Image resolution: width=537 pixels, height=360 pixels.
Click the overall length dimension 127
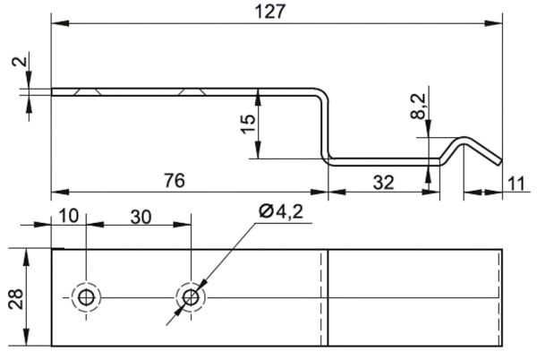point(269,12)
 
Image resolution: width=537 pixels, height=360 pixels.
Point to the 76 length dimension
point(175,181)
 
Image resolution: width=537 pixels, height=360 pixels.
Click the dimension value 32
point(382,182)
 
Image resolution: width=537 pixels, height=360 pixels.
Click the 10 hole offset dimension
point(68,216)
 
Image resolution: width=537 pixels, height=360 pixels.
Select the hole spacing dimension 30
point(139,216)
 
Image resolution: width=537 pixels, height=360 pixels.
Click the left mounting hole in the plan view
point(86,296)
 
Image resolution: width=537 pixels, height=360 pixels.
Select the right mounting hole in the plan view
point(190,296)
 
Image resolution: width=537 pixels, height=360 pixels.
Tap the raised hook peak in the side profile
point(465,138)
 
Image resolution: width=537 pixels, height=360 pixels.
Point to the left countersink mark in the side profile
point(88,90)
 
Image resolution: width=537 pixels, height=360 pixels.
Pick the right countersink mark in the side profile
point(192,90)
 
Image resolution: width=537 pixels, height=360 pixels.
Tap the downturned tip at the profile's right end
point(495,159)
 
